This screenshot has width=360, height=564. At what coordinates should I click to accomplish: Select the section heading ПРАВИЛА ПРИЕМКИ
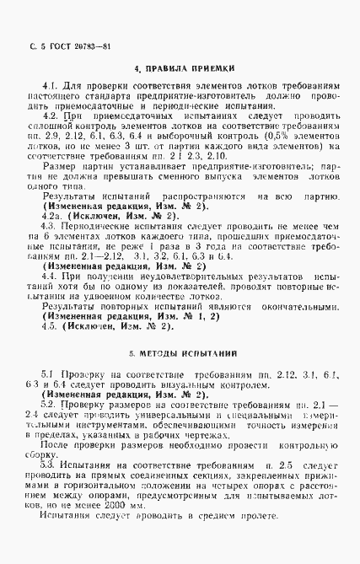pos(186,67)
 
